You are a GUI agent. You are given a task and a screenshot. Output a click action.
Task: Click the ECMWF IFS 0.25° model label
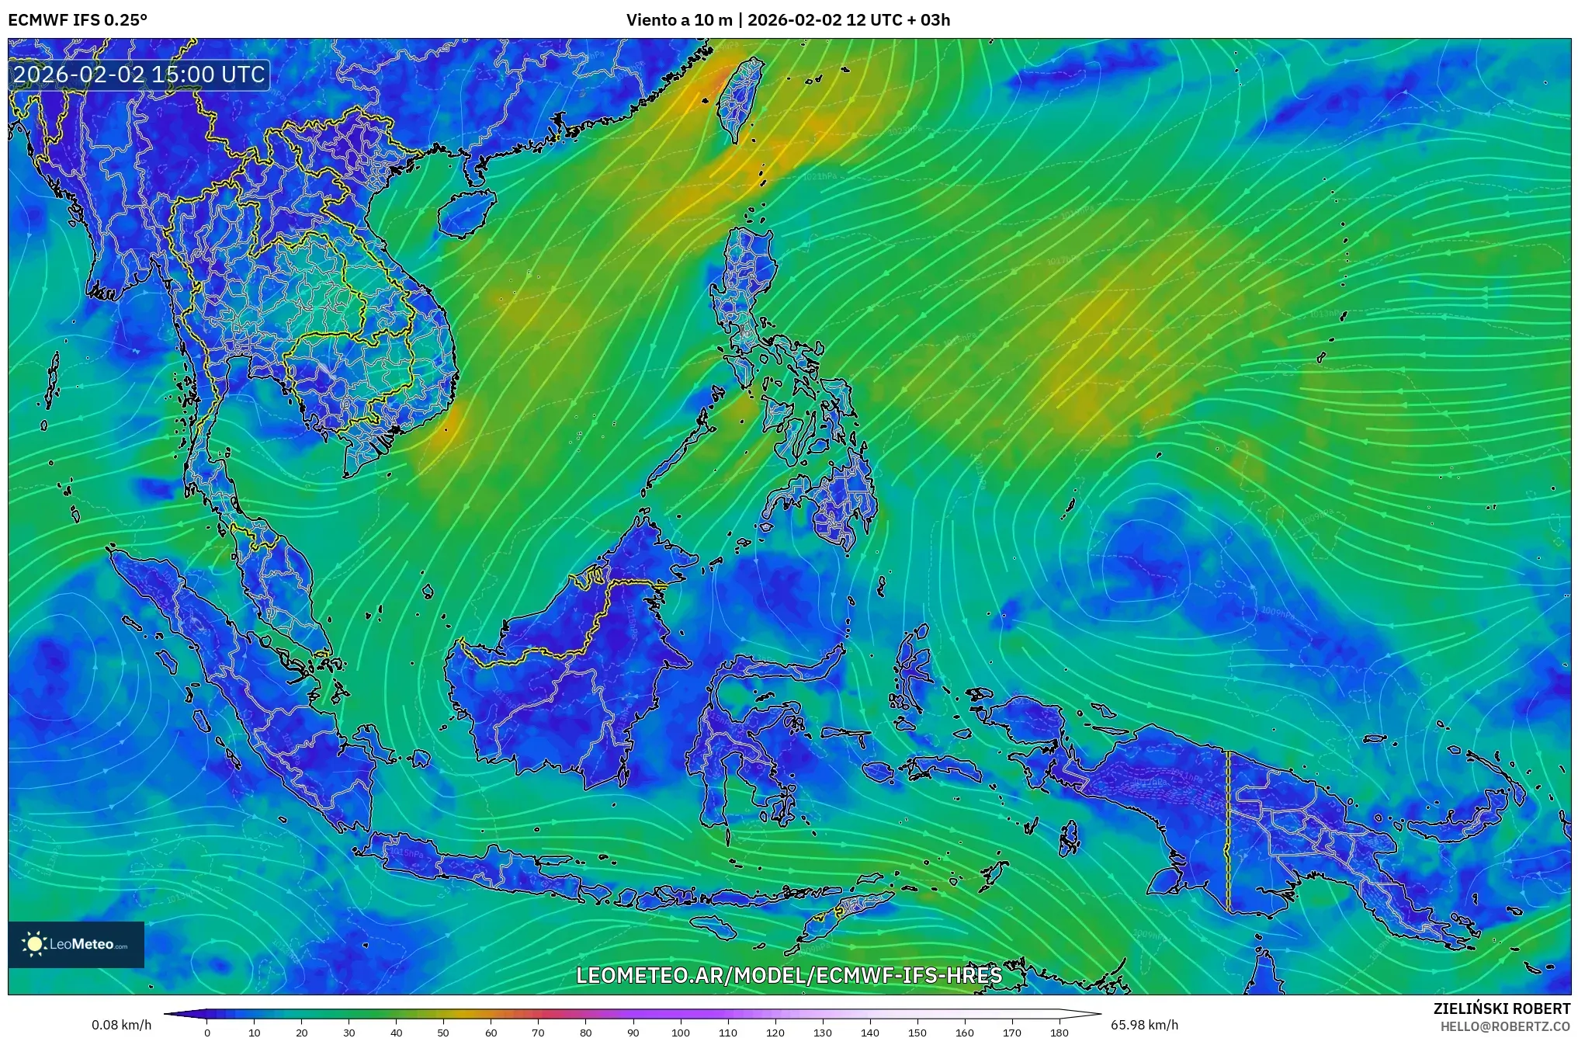(78, 20)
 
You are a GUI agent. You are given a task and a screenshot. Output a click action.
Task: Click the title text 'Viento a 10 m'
(678, 20)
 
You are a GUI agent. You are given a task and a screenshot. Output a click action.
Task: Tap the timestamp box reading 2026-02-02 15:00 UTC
(140, 75)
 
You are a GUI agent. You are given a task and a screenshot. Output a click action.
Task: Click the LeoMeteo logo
(76, 944)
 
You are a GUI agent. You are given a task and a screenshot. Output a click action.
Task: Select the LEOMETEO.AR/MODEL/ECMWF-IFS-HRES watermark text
(789, 975)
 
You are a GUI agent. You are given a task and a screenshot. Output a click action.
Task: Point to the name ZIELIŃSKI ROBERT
(1501, 1008)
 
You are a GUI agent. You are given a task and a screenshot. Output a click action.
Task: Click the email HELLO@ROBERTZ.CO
(1505, 1026)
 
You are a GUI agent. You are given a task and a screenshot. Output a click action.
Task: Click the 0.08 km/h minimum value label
(121, 1025)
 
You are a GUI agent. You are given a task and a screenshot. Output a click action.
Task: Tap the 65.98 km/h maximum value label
(1144, 1025)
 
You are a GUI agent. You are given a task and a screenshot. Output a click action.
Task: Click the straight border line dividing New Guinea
(1228, 831)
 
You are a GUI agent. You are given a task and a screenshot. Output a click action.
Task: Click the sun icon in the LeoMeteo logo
(35, 944)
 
